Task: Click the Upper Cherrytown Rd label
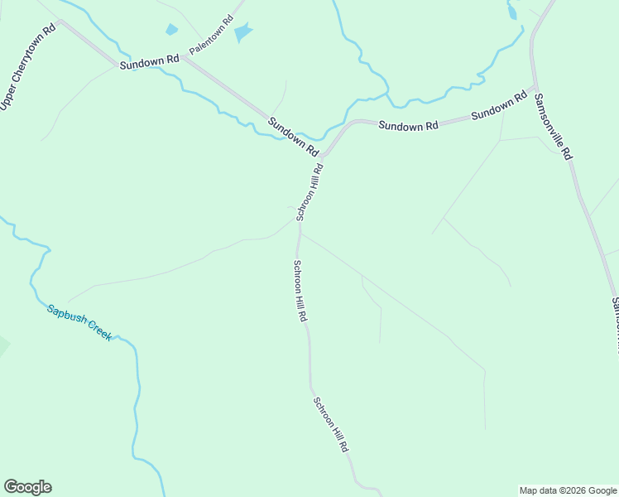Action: [x=28, y=65]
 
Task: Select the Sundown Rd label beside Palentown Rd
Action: [x=149, y=61]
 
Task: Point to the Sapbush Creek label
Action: [x=79, y=323]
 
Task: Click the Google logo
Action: [x=27, y=487]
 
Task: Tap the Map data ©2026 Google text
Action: [x=568, y=490]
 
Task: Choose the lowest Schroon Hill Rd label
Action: [x=330, y=424]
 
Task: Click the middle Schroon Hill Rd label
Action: [x=300, y=291]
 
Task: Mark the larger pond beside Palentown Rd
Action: [x=242, y=33]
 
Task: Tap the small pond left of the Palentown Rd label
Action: [x=171, y=30]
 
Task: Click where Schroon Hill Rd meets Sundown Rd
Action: [x=324, y=155]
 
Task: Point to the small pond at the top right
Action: [x=512, y=11]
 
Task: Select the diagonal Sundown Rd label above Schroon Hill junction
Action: [x=293, y=137]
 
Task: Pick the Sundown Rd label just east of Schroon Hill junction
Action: [x=408, y=126]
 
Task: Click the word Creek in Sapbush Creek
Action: [x=96, y=331]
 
